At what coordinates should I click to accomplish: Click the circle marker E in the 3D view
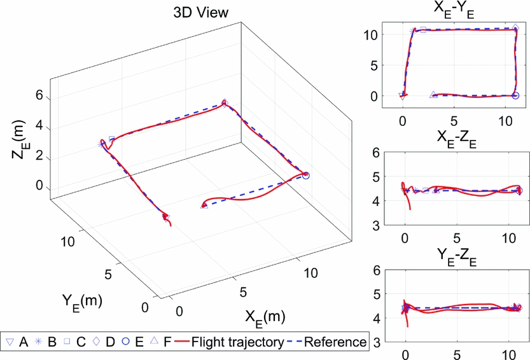pyautogui.click(x=306, y=176)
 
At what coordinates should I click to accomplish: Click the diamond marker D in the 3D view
pyautogui.click(x=224, y=103)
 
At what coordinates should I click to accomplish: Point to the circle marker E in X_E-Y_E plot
pyautogui.click(x=515, y=96)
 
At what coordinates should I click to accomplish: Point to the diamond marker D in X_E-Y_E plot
pyautogui.click(x=515, y=29)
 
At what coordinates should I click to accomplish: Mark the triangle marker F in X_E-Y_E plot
pyautogui.click(x=433, y=95)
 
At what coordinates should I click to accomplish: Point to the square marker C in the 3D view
pyautogui.click(x=112, y=139)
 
